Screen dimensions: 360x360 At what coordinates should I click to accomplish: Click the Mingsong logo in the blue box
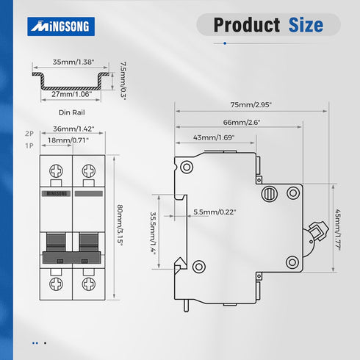61,26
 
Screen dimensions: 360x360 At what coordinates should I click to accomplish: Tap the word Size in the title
306,25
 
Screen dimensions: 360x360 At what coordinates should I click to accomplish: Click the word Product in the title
247,25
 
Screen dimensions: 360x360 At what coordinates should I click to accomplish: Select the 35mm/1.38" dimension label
73,62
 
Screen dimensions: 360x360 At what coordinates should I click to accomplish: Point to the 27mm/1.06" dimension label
72,94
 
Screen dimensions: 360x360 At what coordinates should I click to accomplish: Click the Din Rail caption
72,112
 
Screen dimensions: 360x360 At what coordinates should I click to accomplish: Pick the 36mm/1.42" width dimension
73,129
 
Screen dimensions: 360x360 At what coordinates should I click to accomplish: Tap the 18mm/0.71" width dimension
68,140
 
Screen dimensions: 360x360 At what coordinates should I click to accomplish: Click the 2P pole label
29,134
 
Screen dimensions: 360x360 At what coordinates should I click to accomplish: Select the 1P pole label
29,145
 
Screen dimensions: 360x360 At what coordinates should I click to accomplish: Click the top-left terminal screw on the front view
56,170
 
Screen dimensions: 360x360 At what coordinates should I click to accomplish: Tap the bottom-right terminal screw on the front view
89,284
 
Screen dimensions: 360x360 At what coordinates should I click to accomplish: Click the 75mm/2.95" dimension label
251,105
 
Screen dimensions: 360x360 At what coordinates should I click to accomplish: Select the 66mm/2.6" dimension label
242,122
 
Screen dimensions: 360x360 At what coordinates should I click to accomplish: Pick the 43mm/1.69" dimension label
214,137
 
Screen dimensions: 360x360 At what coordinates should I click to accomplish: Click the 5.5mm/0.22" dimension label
215,212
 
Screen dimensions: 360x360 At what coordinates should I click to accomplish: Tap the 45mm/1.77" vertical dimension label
338,230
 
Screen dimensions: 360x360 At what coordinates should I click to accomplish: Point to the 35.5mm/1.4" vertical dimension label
153,233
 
